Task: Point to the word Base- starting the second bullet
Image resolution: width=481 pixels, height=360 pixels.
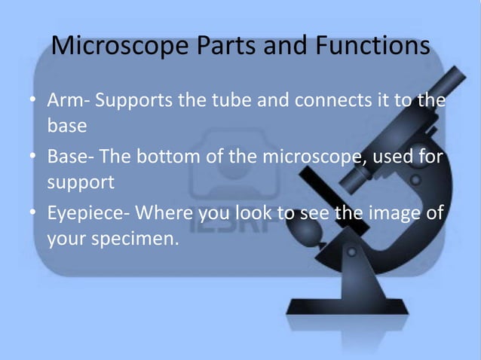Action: pyautogui.click(x=71, y=157)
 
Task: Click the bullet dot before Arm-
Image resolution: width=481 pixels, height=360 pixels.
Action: pyautogui.click(x=35, y=101)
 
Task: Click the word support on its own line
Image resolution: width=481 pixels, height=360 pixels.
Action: pyautogui.click(x=81, y=183)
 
